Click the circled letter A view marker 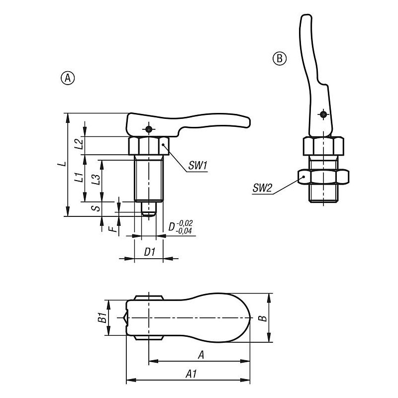68,78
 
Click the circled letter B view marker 279,59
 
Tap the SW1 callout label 198,166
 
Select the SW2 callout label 262,188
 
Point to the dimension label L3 96,179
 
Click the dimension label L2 79,144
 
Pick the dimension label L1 79,177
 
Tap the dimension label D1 150,252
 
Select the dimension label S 96,208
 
